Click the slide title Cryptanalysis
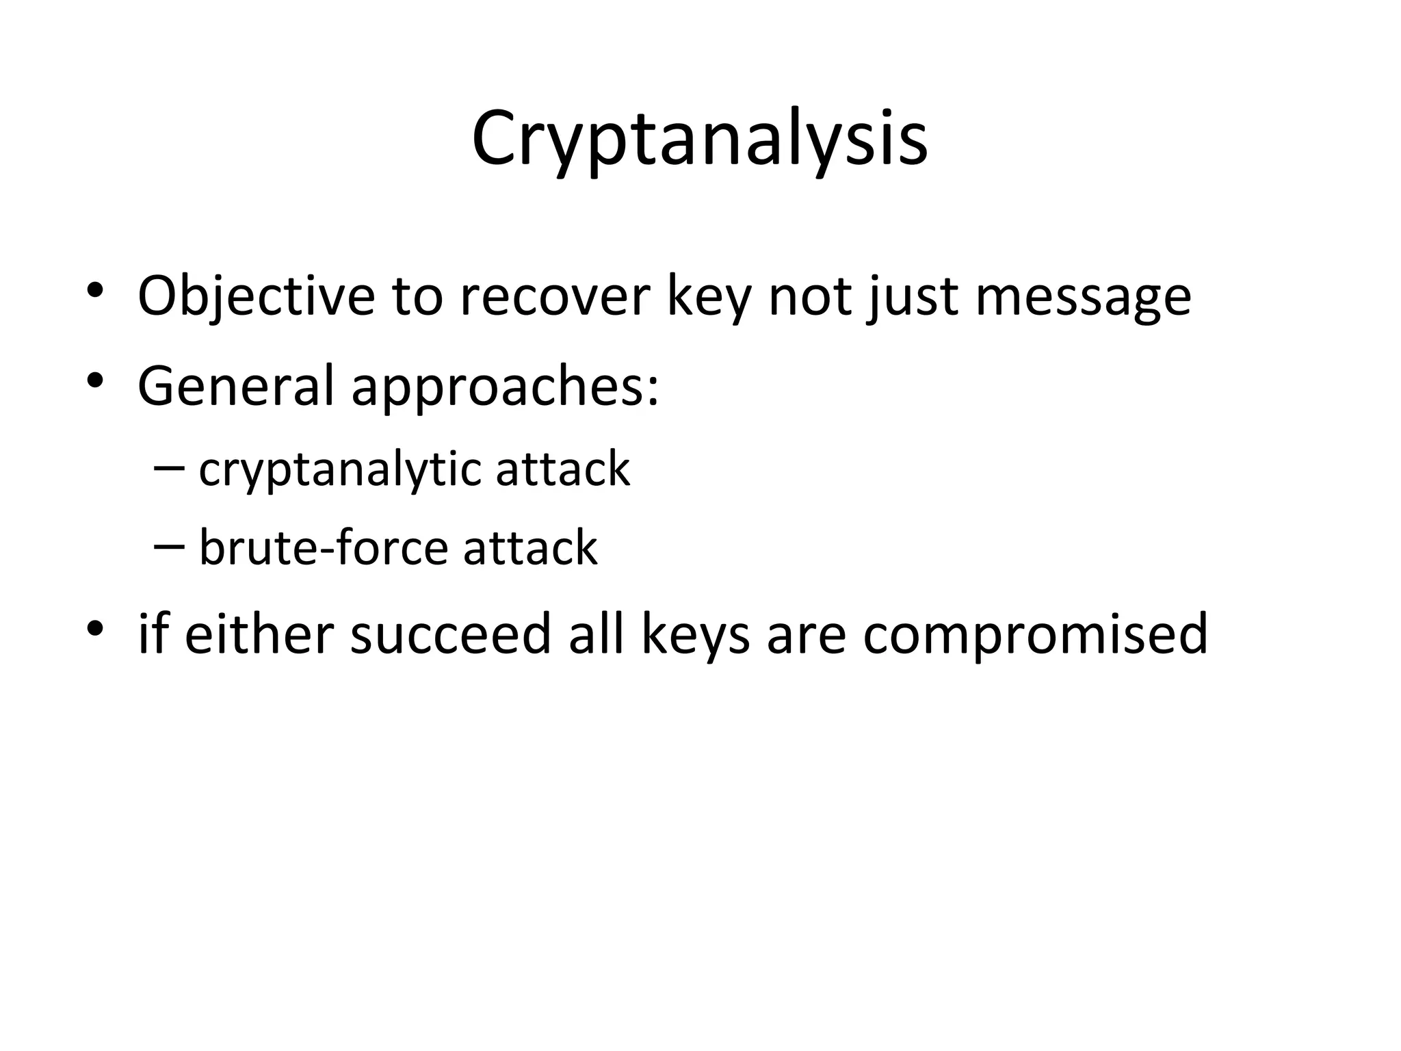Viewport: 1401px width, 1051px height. click(x=699, y=140)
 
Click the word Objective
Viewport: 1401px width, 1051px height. click(x=256, y=296)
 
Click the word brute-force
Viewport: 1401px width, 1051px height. click(x=322, y=549)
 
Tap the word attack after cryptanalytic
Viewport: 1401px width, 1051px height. click(x=562, y=469)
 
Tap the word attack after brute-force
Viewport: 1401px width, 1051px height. click(x=530, y=549)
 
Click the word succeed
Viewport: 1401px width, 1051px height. click(x=450, y=634)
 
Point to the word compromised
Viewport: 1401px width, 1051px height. click(x=1035, y=635)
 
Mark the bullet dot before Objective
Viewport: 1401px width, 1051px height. click(x=95, y=289)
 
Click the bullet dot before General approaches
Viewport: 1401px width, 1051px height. click(x=95, y=380)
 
